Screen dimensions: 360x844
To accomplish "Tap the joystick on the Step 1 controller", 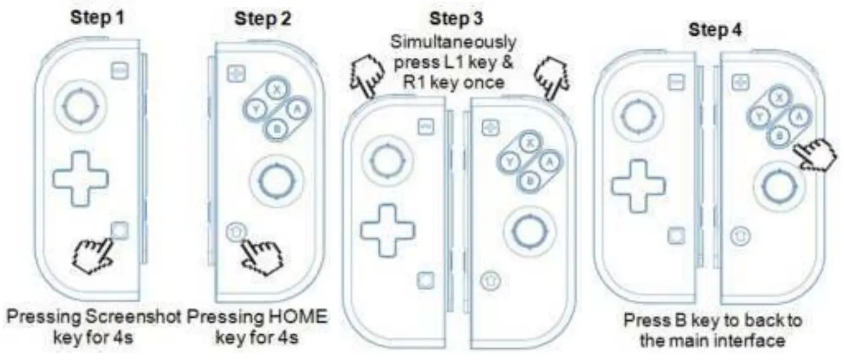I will pyautogui.click(x=78, y=109).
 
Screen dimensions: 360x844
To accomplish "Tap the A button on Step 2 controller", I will pyautogui.click(x=298, y=109).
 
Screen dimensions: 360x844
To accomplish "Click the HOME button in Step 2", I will pyautogui.click(x=234, y=231).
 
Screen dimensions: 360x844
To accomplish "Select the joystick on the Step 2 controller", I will pyautogui.click(x=276, y=178).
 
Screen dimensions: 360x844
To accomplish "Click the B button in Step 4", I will pyautogui.click(x=780, y=135).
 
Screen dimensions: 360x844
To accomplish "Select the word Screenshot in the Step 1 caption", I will pyautogui.click(x=135, y=318).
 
